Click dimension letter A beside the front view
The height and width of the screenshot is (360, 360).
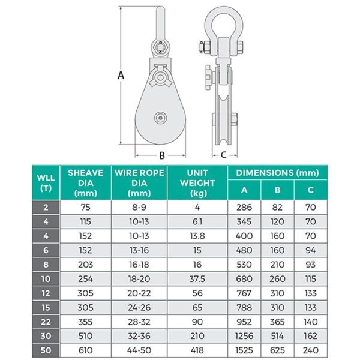(121, 75)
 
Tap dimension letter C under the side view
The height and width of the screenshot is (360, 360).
(223, 155)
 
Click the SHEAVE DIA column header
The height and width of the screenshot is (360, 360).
(86, 183)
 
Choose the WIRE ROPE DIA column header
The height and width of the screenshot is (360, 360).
(139, 183)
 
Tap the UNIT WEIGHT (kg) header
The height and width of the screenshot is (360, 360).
(197, 183)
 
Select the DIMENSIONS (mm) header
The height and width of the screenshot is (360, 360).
(277, 173)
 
